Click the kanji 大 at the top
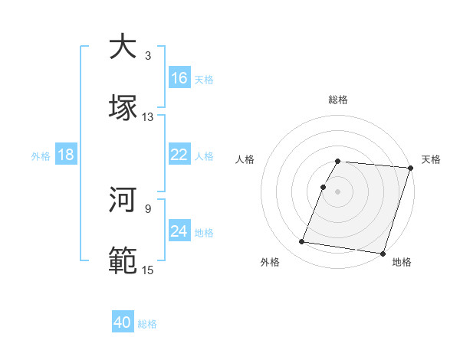[x=123, y=47]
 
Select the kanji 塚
[x=123, y=108]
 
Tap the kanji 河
[x=123, y=200]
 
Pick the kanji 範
[x=123, y=261]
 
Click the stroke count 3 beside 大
[x=148, y=56]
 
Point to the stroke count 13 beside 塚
[x=147, y=117]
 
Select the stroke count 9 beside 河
[x=148, y=208]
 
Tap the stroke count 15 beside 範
[x=147, y=270]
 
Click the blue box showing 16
[x=179, y=78]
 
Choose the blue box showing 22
[x=179, y=155]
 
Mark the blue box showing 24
[x=179, y=231]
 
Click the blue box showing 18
[x=66, y=155]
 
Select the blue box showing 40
[x=123, y=322]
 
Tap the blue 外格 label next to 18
[x=41, y=155]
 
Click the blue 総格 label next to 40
[x=147, y=324]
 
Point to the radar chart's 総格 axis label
[x=338, y=100]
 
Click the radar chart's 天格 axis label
[x=432, y=159]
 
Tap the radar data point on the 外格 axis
[x=302, y=242]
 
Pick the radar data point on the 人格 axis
[x=324, y=187]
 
